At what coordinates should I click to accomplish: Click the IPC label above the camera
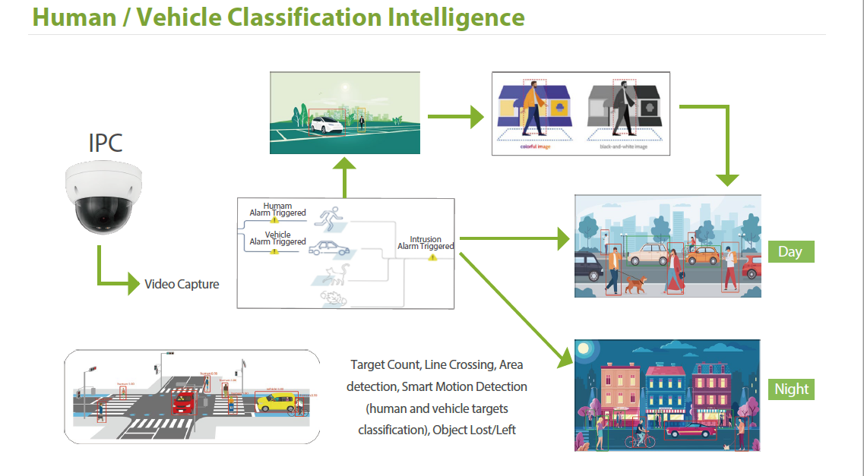coord(106,142)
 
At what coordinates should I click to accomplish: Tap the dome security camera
coord(103,198)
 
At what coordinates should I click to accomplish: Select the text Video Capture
coord(182,284)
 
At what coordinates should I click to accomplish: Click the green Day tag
coord(790,251)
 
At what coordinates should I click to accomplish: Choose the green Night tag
coord(791,389)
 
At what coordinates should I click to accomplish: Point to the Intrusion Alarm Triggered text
coord(426,243)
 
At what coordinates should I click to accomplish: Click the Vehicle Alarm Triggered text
coord(277,238)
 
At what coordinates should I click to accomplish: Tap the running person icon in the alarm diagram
coord(331,218)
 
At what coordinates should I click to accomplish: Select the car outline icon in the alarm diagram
coord(329,248)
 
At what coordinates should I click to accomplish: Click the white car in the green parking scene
coord(326,125)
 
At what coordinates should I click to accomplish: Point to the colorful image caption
coord(535,147)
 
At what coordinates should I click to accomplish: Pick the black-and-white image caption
coord(623,147)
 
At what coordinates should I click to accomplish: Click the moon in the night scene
coord(584,349)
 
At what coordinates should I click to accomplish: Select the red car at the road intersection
coord(184,402)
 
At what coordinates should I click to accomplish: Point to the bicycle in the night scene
coord(638,439)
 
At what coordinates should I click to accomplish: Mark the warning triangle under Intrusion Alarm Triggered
coord(432,257)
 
